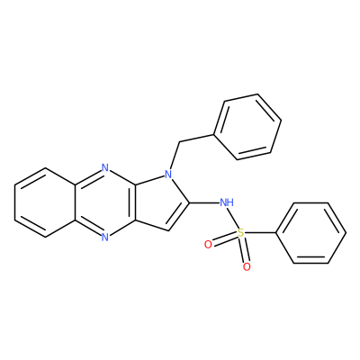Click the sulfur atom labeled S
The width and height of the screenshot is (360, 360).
pos(240,232)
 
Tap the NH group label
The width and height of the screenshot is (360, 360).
pos(227,202)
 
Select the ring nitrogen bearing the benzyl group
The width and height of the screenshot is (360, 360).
pos(168,174)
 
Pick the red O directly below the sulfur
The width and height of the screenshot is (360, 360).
pos(247,266)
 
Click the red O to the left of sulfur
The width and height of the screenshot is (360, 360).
pos(208,245)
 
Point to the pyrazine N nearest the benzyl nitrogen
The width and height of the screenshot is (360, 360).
pos(104,167)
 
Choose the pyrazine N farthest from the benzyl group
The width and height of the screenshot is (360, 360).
pos(104,238)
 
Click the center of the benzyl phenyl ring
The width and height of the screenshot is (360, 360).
pos(247,127)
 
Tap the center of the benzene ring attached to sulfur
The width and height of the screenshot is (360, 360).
pos(311,233)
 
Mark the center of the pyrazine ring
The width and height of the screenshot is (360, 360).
pos(104,202)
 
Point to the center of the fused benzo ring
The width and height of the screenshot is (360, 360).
pos(45,202)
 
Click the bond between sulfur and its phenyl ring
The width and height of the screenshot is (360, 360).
pos(260,233)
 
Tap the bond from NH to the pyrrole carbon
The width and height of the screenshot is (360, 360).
pos(204,202)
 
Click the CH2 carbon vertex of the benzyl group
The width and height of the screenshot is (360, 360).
pos(179,142)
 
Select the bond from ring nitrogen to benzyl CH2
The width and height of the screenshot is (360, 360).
pos(175,156)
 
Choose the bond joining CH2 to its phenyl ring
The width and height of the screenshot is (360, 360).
pos(196,138)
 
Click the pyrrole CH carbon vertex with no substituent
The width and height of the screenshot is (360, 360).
pos(169,230)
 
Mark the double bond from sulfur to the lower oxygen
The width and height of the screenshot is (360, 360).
pos(244,249)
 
